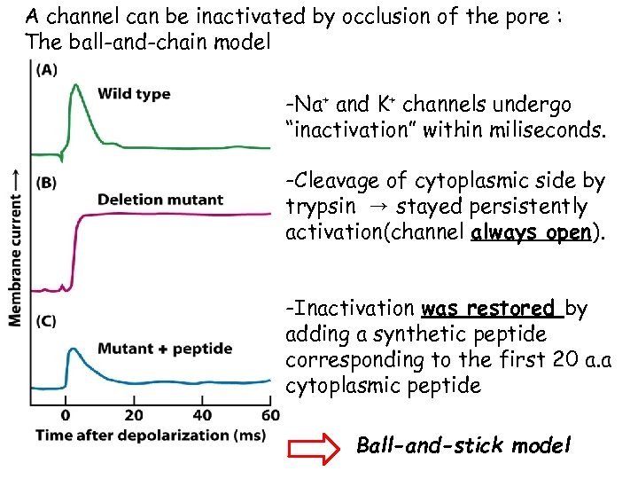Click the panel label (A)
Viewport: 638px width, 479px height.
(x=45, y=72)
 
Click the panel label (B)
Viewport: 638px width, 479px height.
(x=45, y=183)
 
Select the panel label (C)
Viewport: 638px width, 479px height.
(x=45, y=320)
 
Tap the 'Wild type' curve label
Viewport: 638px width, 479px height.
(x=134, y=94)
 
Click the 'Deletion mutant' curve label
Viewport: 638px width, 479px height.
(x=159, y=200)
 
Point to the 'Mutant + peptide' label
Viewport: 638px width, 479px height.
(x=165, y=349)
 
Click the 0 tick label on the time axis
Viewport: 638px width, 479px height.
(x=66, y=415)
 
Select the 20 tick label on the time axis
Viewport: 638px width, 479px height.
(x=134, y=415)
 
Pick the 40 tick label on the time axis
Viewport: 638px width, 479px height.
(x=202, y=415)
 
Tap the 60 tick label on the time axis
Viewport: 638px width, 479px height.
(x=270, y=415)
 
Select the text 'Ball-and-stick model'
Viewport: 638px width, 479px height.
(x=463, y=445)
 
